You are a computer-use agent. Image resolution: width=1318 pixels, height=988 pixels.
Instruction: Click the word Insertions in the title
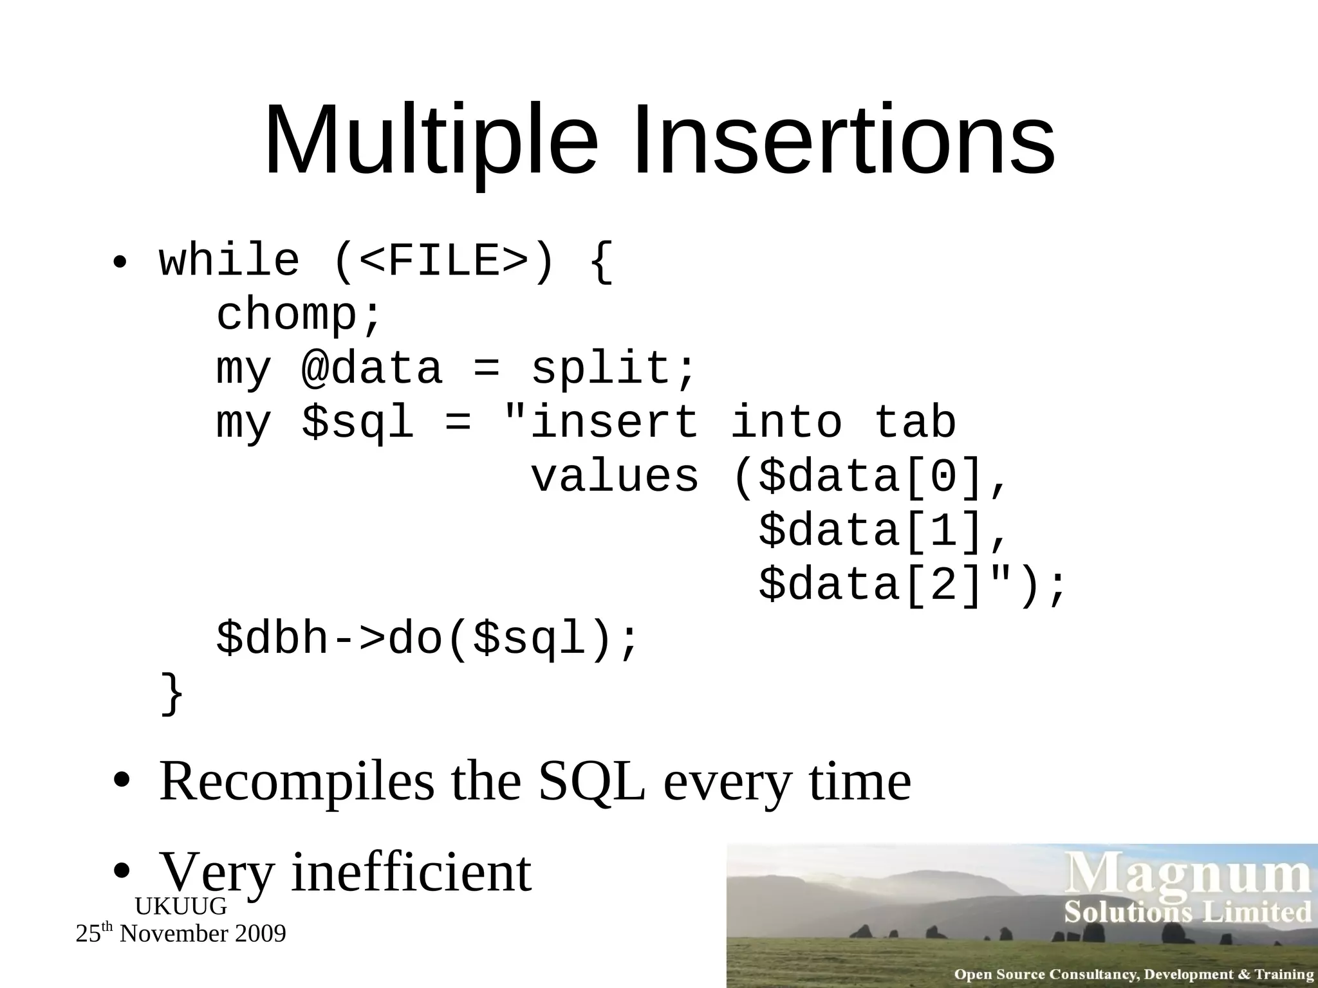click(844, 140)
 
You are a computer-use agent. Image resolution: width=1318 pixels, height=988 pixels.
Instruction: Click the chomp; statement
click(299, 315)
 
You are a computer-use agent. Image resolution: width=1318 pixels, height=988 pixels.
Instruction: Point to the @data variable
click(372, 369)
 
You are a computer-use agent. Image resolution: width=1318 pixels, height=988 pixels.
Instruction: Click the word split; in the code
click(613, 369)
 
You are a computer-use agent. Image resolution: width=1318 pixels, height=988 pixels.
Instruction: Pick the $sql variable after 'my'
click(358, 423)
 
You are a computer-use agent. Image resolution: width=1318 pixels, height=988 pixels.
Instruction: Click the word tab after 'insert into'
click(914, 423)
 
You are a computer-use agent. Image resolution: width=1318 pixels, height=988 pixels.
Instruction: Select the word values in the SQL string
click(615, 477)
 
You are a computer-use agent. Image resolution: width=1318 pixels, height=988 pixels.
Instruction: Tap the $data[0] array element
click(875, 477)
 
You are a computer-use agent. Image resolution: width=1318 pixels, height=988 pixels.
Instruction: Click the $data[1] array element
click(875, 531)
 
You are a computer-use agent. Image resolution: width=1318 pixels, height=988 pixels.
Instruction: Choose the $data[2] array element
click(875, 585)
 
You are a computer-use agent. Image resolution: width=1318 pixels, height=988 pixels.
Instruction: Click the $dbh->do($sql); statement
click(427, 639)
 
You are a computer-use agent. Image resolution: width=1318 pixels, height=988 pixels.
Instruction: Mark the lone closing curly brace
click(172, 693)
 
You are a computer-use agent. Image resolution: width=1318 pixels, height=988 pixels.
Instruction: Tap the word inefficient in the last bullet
click(411, 872)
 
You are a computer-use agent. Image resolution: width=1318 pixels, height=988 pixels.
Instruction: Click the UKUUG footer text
click(181, 906)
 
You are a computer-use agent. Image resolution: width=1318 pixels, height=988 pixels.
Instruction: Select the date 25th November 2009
click(181, 933)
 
